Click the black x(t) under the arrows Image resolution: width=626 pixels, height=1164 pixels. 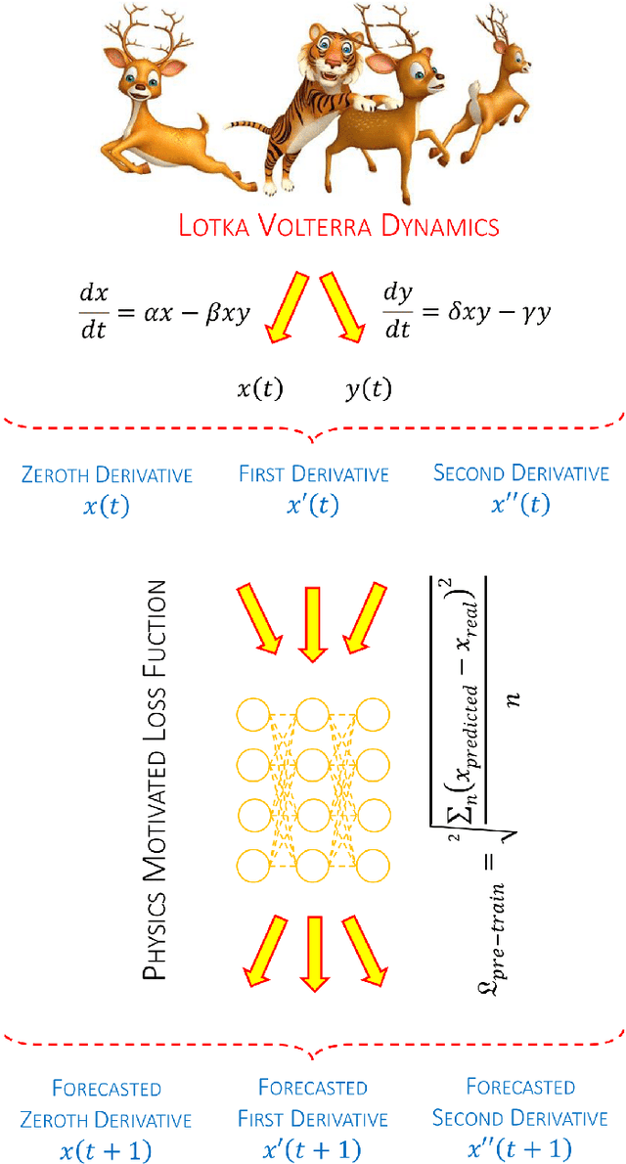coord(259,389)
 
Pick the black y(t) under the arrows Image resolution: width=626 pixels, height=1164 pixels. coord(368,389)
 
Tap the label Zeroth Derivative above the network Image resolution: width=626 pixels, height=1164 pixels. coord(107,475)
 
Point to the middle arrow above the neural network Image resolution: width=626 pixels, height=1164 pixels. coord(312,624)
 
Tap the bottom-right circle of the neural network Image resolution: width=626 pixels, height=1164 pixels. coord(376,864)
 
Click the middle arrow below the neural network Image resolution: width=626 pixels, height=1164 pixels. coord(312,949)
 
